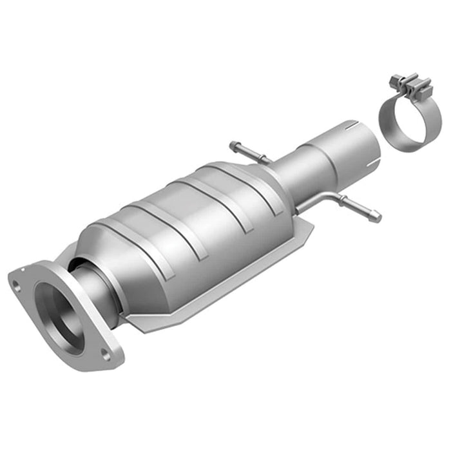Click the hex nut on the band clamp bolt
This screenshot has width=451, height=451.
pos(394,80)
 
